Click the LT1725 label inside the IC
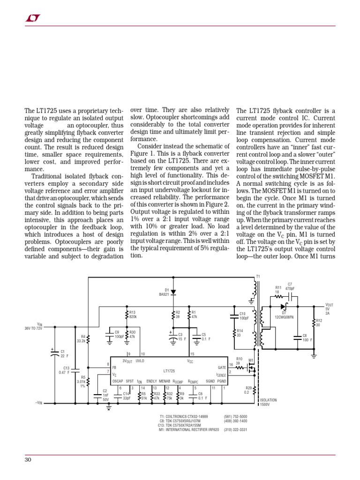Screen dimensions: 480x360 point(169,371)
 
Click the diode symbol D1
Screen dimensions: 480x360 point(173,292)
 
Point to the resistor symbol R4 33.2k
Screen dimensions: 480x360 point(89,338)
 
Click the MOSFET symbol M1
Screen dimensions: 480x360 point(252,368)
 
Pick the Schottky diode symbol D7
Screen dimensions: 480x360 point(283,307)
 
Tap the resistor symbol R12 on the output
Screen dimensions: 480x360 point(314,323)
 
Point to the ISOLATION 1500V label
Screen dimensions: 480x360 point(268,402)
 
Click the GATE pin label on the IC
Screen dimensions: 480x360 point(222,367)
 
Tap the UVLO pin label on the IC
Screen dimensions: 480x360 point(140,361)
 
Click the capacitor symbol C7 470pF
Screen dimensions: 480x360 point(291,296)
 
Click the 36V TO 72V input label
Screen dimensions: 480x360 point(33,329)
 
